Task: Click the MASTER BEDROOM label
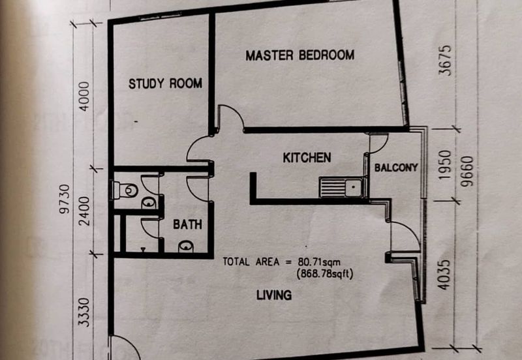(300, 55)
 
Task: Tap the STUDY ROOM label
(166, 83)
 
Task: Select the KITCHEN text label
(307, 158)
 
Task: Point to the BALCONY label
(396, 168)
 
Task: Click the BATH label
(187, 224)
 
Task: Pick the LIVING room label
(274, 295)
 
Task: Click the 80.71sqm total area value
(319, 262)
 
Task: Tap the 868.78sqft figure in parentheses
(324, 274)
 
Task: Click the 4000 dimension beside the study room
(85, 97)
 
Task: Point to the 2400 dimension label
(85, 211)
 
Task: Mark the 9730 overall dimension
(65, 199)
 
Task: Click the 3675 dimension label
(446, 60)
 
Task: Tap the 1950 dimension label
(445, 165)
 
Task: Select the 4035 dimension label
(444, 275)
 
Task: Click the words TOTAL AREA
(251, 262)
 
